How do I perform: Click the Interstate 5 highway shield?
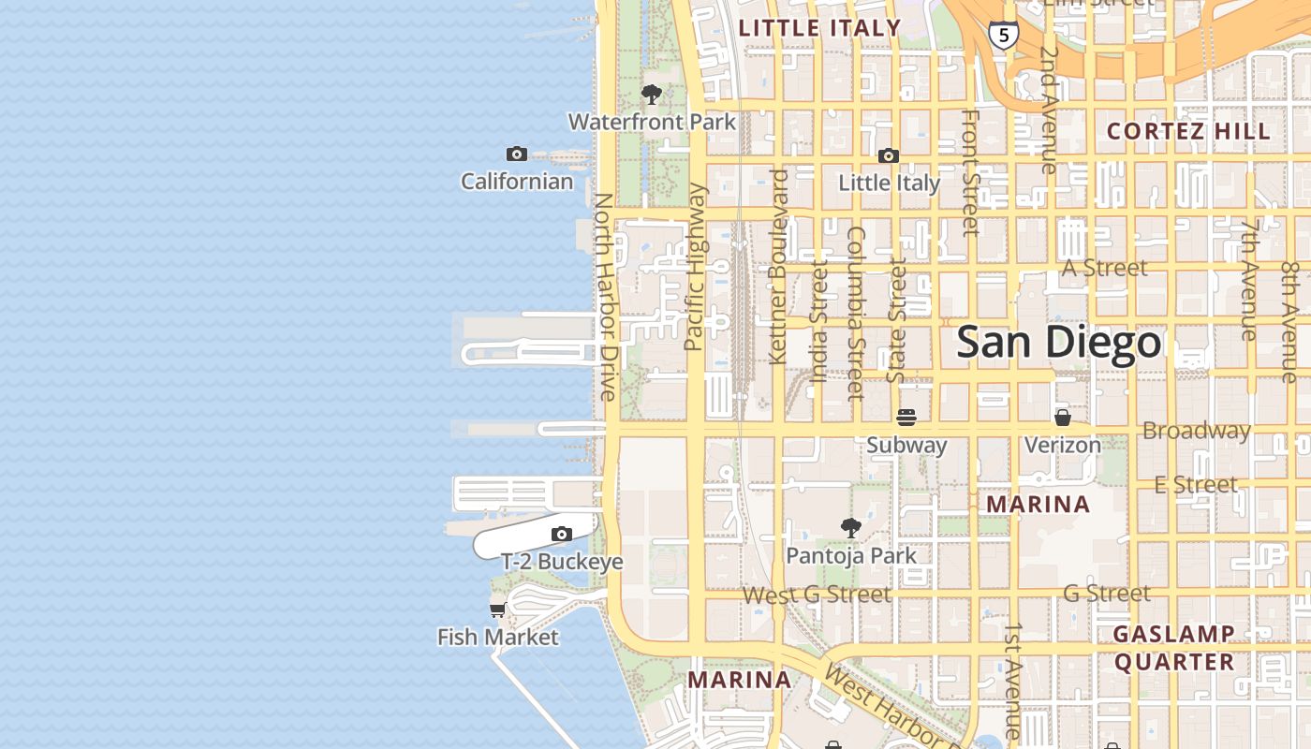[1004, 36]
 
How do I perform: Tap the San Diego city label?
[1058, 343]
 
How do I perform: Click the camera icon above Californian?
[516, 154]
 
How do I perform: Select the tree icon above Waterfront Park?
[652, 95]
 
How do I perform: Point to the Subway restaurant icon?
[906, 418]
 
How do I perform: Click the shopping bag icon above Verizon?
[1062, 417]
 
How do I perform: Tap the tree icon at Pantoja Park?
[850, 528]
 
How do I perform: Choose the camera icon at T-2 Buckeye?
[562, 535]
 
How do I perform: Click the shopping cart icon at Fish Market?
[498, 609]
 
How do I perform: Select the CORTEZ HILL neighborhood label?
[1188, 131]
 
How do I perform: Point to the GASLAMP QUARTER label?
[1173, 648]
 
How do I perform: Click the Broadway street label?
[1196, 431]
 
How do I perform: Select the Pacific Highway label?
[694, 267]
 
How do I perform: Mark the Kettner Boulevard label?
[778, 267]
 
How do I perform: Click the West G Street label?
[817, 595]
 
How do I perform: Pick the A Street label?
[1104, 269]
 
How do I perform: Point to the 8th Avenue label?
[1290, 321]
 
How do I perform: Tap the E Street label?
[1195, 484]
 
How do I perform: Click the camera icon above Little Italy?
[888, 155]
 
